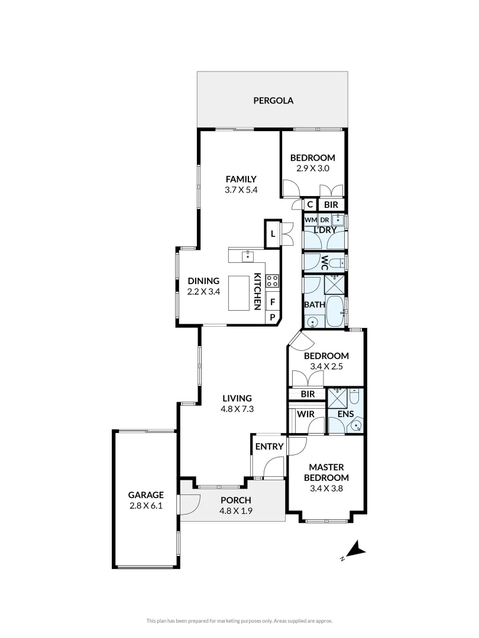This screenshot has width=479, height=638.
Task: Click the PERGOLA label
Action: click(273, 100)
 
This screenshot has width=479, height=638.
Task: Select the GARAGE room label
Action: click(145, 495)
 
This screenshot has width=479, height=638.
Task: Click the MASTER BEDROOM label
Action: click(326, 472)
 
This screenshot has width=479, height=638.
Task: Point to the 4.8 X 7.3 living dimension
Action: click(237, 409)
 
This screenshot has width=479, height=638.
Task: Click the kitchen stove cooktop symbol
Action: click(272, 281)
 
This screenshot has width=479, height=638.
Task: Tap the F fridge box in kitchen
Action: click(273, 302)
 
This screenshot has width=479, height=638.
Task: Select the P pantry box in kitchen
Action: click(273, 318)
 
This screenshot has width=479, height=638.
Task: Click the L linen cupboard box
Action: click(272, 233)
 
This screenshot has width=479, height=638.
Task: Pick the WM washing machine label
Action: click(310, 220)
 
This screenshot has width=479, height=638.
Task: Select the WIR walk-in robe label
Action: click(305, 414)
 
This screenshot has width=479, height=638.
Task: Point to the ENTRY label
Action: click(269, 447)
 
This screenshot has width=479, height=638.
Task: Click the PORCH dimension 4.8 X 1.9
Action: click(236, 512)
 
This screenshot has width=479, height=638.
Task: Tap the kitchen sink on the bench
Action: click(247, 256)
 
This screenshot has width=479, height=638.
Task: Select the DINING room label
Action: click(203, 281)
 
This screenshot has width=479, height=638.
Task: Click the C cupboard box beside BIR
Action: click(310, 205)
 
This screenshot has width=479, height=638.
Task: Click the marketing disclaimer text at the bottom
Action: click(239, 620)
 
